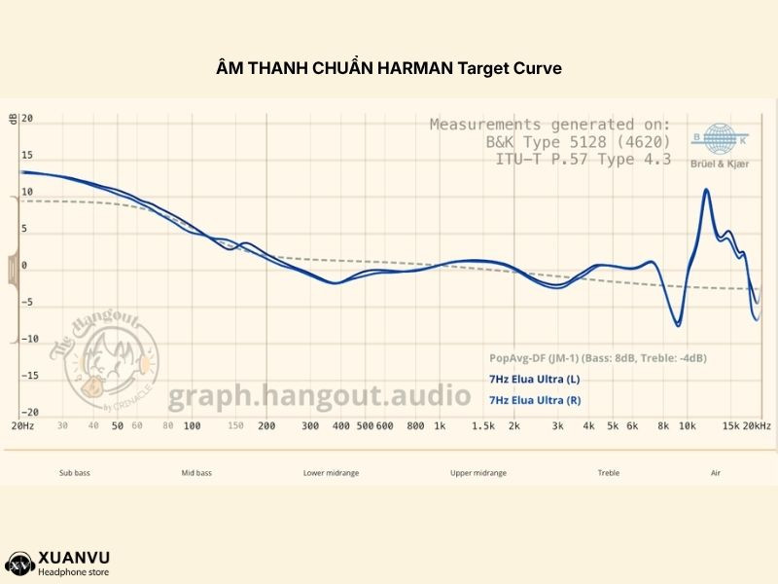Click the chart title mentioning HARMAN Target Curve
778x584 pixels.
click(x=389, y=69)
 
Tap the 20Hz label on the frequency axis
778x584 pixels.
click(x=22, y=426)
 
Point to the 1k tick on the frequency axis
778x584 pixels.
click(x=440, y=426)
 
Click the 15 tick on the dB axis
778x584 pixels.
click(x=27, y=155)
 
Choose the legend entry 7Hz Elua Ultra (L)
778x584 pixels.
click(x=534, y=380)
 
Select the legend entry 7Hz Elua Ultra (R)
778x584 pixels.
click(x=534, y=400)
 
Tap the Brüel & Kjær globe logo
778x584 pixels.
click(x=721, y=139)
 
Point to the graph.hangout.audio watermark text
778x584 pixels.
click(x=320, y=396)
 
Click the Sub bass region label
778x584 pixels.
click(x=74, y=473)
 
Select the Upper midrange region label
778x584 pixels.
click(x=477, y=473)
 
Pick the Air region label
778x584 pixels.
click(x=716, y=473)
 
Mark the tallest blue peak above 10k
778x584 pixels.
click(x=706, y=190)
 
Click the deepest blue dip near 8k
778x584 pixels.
click(x=678, y=324)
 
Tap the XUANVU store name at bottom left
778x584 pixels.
click(x=74, y=557)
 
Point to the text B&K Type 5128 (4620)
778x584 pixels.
click(x=578, y=142)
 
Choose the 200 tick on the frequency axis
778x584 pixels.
click(x=266, y=426)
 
